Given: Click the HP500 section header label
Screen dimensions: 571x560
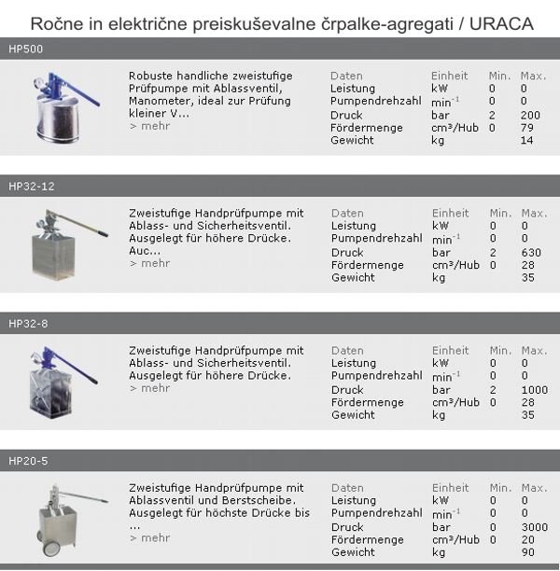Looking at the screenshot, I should click(x=25, y=49).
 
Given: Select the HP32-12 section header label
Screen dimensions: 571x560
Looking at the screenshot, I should click(x=32, y=186).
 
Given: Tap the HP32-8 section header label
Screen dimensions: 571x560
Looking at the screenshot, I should click(x=29, y=324).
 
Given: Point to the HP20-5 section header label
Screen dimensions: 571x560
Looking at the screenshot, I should click(x=29, y=461).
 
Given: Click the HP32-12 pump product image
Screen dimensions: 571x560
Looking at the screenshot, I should click(x=66, y=242).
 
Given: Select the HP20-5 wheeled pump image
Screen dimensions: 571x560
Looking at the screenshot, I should click(x=64, y=517).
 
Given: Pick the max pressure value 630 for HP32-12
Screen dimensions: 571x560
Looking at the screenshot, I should click(x=533, y=251).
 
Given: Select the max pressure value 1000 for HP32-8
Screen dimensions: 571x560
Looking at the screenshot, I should click(x=536, y=389).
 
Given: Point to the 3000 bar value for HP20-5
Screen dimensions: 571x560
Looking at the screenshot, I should click(x=536, y=526).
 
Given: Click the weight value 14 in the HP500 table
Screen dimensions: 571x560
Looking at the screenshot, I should click(x=527, y=140).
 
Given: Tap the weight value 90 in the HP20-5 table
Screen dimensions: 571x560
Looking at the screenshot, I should click(x=528, y=552).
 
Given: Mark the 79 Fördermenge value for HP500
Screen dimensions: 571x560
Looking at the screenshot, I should click(x=527, y=127).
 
